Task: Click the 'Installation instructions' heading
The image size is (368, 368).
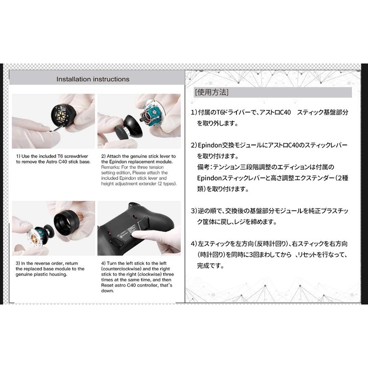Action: click(x=92, y=79)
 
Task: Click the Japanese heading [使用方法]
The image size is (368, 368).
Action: click(x=212, y=92)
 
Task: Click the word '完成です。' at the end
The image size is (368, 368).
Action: click(x=211, y=265)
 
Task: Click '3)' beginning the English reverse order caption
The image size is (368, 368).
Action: click(x=18, y=263)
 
